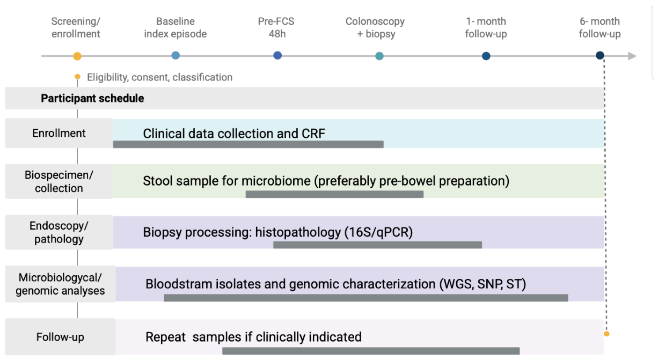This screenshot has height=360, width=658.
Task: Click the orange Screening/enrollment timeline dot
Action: pos(77,56)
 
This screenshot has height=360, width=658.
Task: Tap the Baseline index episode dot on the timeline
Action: pos(176,55)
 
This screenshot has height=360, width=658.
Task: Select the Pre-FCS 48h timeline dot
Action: pos(277,55)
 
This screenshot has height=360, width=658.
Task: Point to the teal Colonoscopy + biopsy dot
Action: pos(379,56)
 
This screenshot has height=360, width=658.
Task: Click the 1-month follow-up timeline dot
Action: pos(486,56)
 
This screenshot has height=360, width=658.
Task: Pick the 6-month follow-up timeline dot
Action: pos(600,55)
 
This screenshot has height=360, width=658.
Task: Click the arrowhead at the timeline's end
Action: pos(632,56)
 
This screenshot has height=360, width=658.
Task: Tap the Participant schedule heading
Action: pos(92,98)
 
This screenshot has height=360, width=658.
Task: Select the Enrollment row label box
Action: pos(59,133)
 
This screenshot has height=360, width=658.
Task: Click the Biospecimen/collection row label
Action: pos(59,181)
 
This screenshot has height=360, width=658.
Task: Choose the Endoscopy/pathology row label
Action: pos(59,232)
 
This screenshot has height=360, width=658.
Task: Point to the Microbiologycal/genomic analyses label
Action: pos(60,284)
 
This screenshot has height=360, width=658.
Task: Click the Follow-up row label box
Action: pos(60,337)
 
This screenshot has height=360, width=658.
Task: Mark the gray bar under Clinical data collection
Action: pos(248,144)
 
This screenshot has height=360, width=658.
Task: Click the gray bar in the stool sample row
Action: pos(334,194)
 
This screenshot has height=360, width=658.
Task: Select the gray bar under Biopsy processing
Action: pos(377,245)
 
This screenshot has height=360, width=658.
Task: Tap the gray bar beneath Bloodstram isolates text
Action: pos(366,298)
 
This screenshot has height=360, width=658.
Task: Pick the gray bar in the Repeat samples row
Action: pos(371,350)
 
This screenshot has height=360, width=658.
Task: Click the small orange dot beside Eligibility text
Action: pos(77,77)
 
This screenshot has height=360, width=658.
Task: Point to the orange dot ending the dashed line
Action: pos(606,334)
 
